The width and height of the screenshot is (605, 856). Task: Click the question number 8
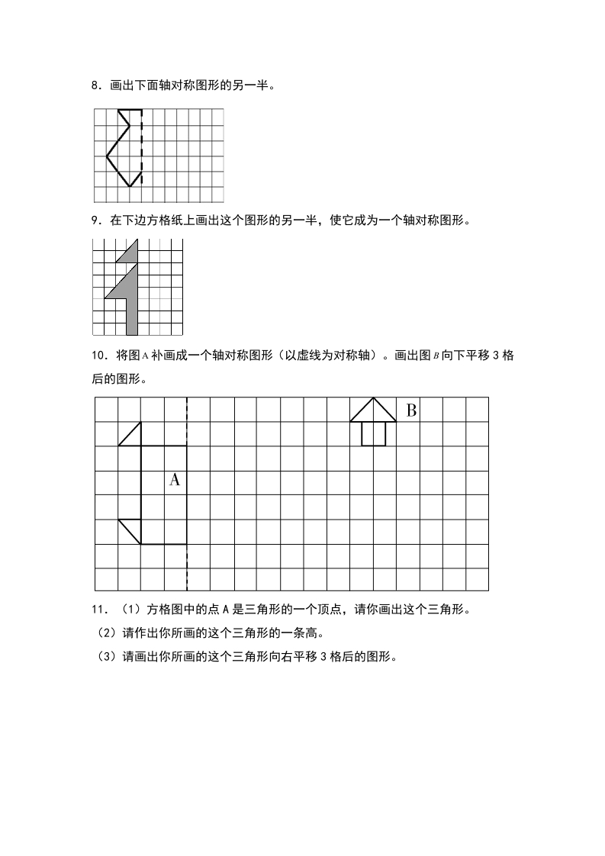click(x=95, y=86)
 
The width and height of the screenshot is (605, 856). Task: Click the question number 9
click(x=95, y=221)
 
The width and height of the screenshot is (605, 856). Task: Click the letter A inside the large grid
click(x=174, y=480)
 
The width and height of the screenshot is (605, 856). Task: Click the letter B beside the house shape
click(x=411, y=410)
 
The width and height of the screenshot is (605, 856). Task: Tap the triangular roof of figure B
click(x=373, y=412)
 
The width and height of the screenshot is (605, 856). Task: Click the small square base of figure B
click(x=373, y=433)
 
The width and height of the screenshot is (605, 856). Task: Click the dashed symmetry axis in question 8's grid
click(x=142, y=149)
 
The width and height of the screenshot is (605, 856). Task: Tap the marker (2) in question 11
click(x=103, y=634)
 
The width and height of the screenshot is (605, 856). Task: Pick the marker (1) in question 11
click(x=126, y=610)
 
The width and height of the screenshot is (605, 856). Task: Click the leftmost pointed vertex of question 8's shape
click(x=107, y=156)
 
